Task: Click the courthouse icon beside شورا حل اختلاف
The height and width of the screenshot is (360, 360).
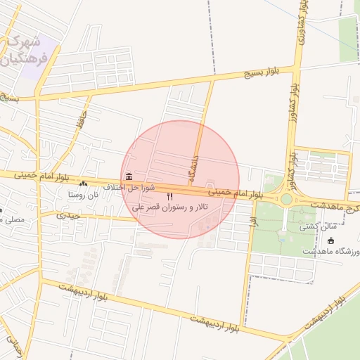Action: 128,176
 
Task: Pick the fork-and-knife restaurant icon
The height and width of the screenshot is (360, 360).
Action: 169,196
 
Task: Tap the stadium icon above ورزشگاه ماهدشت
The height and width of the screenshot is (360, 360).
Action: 331,240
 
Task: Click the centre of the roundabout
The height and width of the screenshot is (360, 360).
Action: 286,199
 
